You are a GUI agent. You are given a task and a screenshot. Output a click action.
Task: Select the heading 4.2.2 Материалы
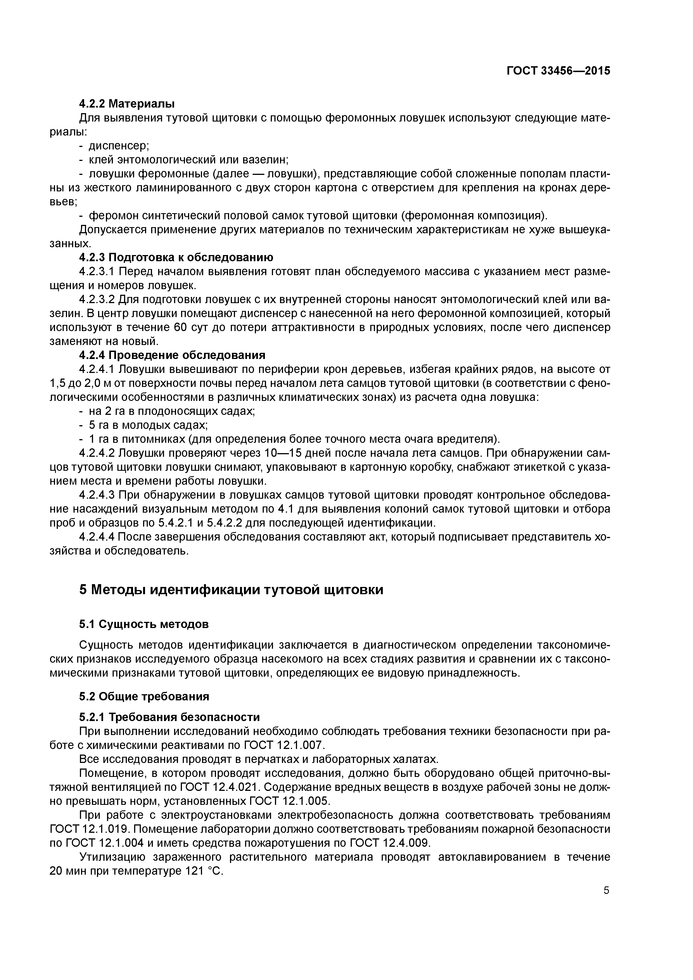(x=127, y=104)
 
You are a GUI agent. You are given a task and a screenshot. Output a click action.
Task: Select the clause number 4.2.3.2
(x=97, y=300)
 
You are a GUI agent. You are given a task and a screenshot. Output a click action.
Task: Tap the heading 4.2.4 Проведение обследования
(x=172, y=356)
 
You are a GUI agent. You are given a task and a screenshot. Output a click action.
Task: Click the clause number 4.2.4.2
(x=97, y=453)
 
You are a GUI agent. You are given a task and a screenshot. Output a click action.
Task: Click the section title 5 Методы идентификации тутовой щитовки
(x=231, y=590)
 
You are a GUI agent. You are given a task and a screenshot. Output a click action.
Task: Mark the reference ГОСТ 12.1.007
(x=284, y=745)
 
